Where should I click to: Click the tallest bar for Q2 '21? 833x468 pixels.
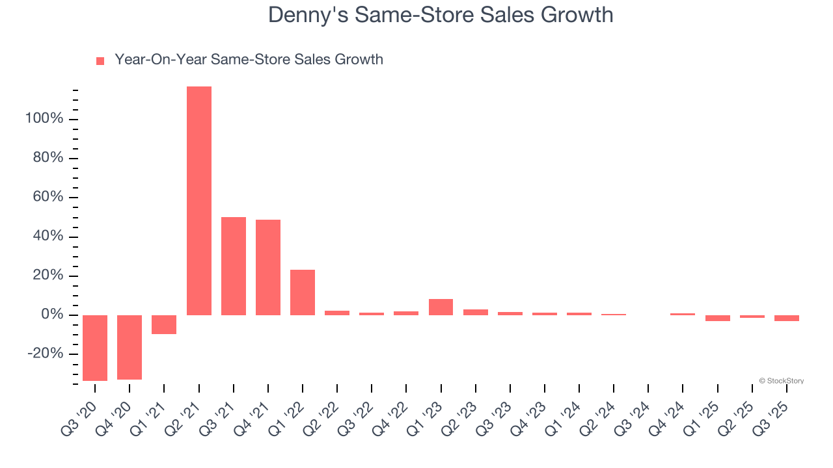(x=199, y=201)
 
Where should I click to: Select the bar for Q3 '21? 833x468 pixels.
(x=234, y=266)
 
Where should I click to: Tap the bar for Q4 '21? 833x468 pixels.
(x=268, y=267)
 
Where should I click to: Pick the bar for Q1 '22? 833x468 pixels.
(x=303, y=292)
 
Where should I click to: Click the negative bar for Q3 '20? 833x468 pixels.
(x=95, y=348)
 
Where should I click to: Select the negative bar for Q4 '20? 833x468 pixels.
(x=130, y=347)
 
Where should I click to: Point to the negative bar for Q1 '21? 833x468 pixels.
(x=164, y=324)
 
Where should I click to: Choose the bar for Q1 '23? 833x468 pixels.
(x=441, y=307)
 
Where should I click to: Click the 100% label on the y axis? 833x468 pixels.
(x=44, y=119)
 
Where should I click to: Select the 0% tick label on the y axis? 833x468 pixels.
(x=52, y=315)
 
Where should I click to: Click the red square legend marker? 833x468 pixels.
(x=100, y=61)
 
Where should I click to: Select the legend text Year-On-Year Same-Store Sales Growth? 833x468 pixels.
(x=249, y=60)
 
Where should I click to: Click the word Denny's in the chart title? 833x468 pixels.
(x=306, y=15)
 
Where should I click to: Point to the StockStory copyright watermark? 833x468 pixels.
(x=781, y=381)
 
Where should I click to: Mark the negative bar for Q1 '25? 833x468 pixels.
(x=717, y=318)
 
